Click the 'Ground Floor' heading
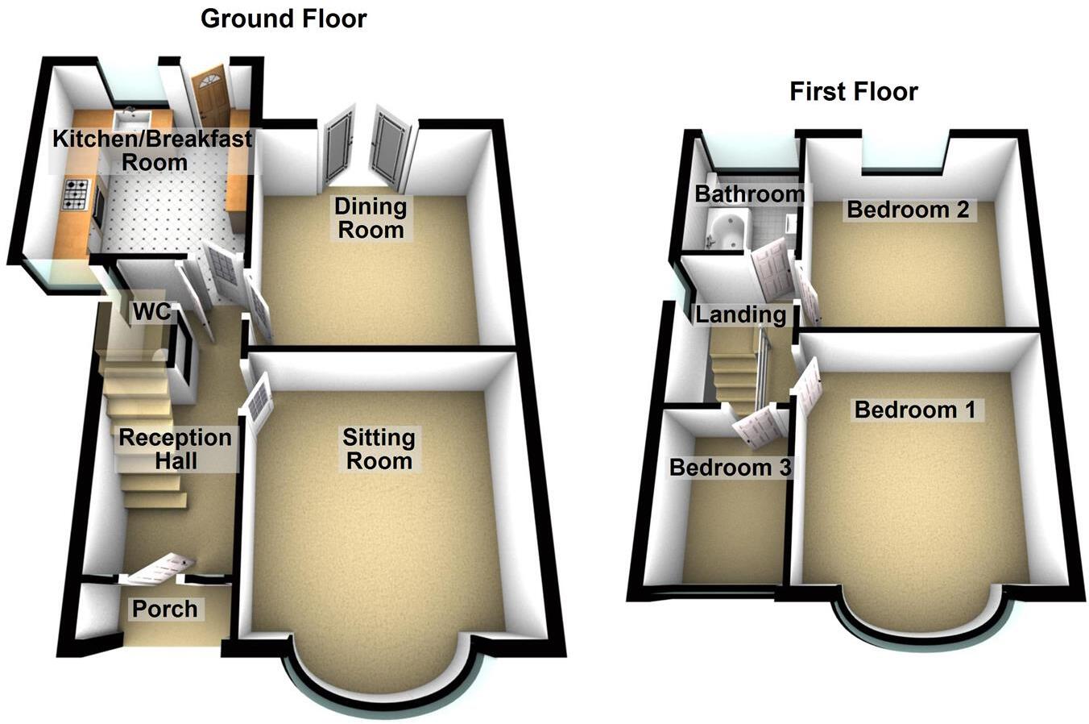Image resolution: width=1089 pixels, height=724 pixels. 284,19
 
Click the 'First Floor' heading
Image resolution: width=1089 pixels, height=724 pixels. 853,92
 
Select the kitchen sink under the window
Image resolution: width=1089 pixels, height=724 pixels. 127,120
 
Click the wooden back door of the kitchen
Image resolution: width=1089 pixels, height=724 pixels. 212,97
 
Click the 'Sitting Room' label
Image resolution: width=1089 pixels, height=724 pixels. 379,450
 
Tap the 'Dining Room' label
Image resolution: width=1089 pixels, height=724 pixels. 371,218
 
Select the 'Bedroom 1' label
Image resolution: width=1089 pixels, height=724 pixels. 914,410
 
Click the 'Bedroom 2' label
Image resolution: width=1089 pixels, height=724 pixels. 908,210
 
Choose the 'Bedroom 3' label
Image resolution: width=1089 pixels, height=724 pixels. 731,468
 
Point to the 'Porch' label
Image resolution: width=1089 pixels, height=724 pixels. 165,609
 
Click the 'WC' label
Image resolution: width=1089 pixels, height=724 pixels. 152,311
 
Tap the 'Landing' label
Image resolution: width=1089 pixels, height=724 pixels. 740,314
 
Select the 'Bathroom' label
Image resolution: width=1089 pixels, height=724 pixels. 749,193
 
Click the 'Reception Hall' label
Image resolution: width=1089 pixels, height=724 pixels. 175,450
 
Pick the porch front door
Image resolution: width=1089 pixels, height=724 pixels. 161,568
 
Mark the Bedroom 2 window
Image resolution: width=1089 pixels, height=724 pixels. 902,153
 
